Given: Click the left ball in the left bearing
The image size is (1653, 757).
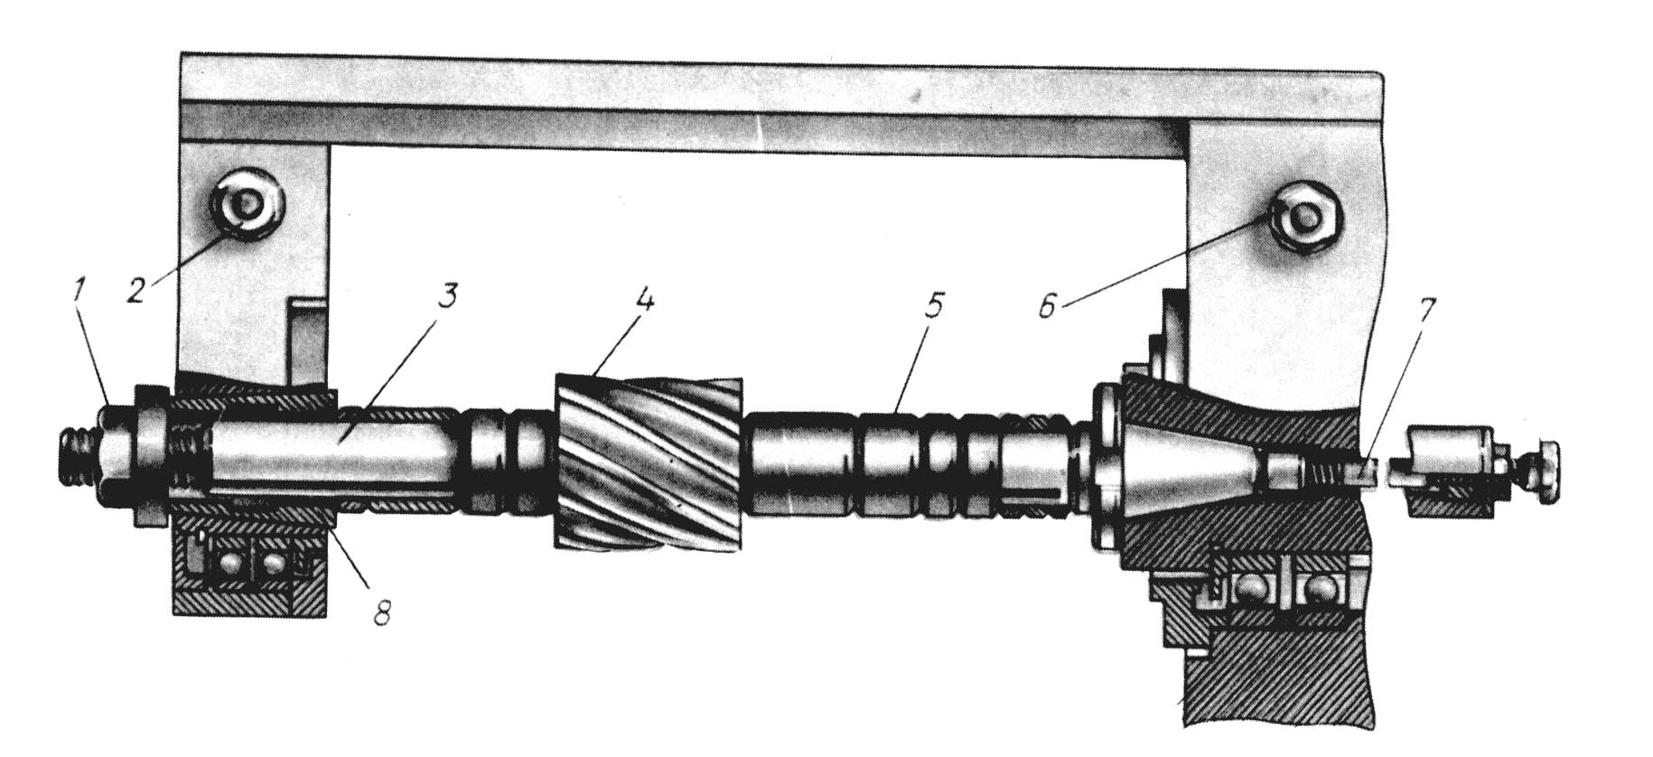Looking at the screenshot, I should (224, 565).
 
